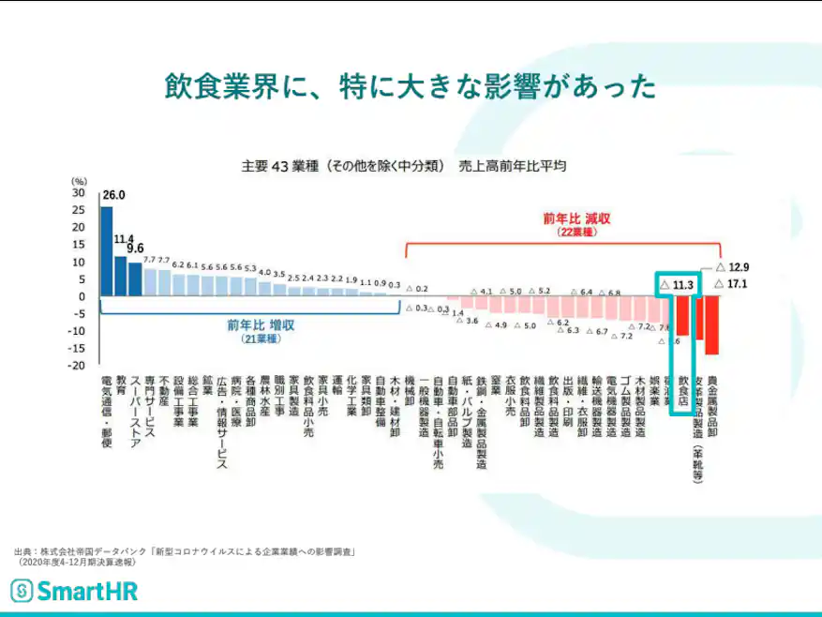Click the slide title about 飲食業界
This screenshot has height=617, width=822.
[410, 86]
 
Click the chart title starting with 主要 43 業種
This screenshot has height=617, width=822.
[403, 166]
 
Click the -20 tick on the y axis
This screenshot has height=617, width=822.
[79, 365]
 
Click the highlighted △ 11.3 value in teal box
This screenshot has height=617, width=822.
[676, 284]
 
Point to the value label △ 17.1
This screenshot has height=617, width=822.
[731, 283]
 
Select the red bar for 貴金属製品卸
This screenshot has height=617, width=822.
[712, 325]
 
